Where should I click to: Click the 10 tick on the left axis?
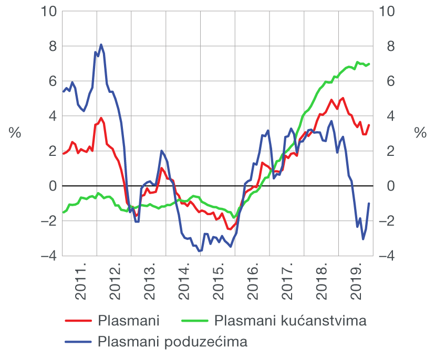click(x=48, y=11)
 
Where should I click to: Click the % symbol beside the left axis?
click(x=15, y=133)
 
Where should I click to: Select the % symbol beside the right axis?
click(x=420, y=133)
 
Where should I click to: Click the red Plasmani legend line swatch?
click(x=79, y=321)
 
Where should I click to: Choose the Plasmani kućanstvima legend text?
click(x=291, y=321)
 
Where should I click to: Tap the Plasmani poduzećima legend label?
click(x=172, y=342)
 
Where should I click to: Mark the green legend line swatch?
click(x=195, y=321)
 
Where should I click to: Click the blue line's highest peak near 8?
click(x=101, y=45)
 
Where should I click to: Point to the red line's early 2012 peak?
click(x=101, y=118)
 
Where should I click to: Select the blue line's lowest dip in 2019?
click(x=363, y=239)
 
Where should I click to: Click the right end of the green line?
click(x=369, y=64)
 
